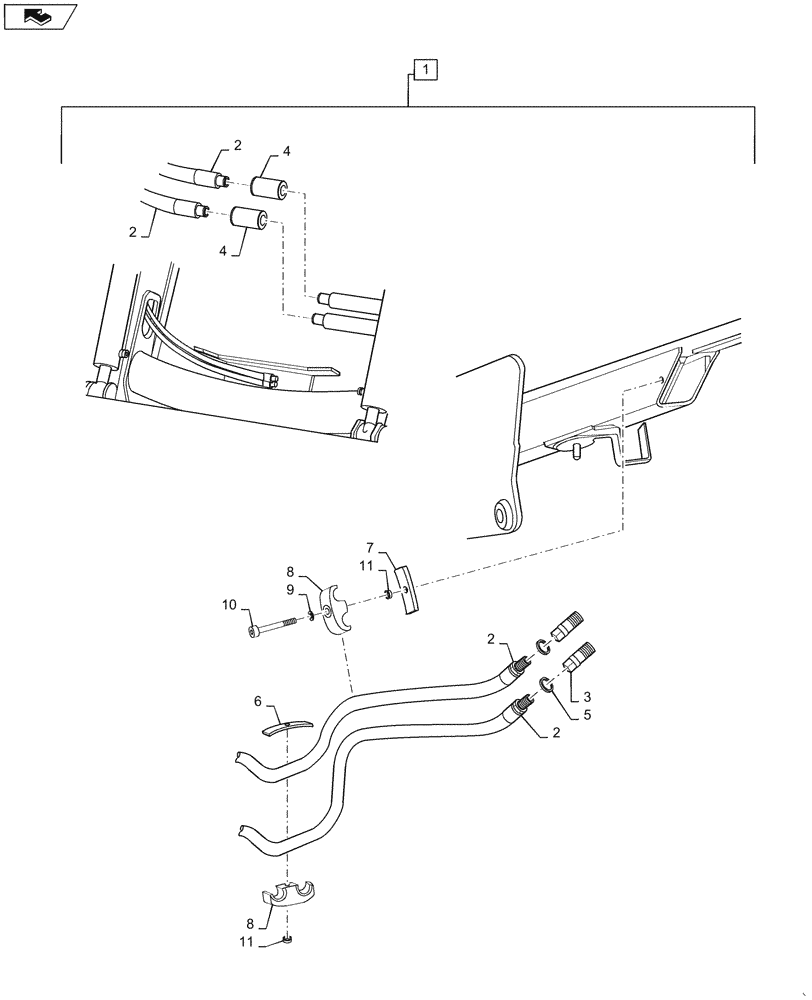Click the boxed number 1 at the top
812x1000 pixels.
425,70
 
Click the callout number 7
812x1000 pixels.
369,548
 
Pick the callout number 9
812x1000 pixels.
291,590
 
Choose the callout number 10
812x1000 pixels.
229,605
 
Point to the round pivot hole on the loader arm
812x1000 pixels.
501,515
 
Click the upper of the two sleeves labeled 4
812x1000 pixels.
269,187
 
